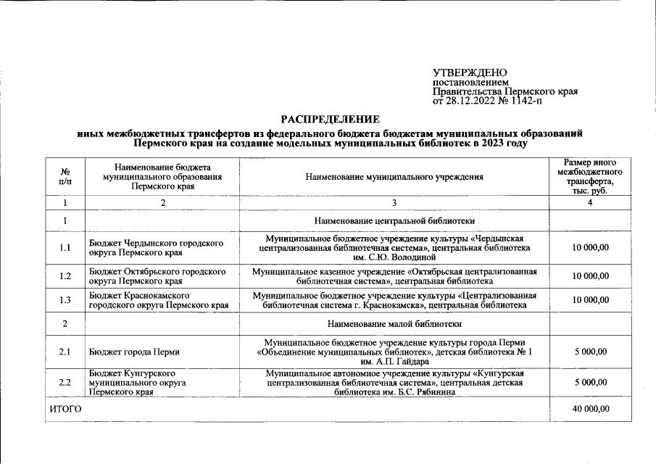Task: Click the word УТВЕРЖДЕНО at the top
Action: click(470, 73)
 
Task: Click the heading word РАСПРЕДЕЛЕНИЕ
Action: click(331, 119)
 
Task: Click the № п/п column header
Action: click(65, 176)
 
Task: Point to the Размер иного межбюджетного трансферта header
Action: click(589, 176)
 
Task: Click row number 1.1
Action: click(65, 248)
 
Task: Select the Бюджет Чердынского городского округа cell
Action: click(156, 248)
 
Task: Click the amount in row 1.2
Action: click(589, 276)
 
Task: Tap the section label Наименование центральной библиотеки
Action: click(394, 220)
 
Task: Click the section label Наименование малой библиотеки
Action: click(394, 323)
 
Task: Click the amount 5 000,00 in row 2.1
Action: click(589, 352)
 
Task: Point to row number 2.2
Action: click(65, 382)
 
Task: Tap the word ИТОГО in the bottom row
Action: click(65, 410)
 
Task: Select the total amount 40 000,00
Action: click(589, 410)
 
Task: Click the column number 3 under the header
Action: click(394, 202)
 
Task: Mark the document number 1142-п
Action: click(525, 101)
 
